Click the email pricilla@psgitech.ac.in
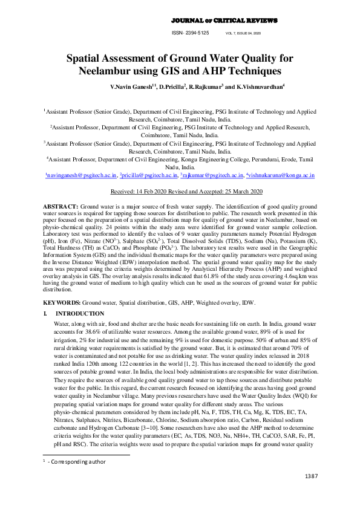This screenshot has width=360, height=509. coord(149,175)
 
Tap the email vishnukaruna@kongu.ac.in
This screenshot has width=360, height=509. coord(281,175)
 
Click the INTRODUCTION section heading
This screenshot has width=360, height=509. coord(80,314)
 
